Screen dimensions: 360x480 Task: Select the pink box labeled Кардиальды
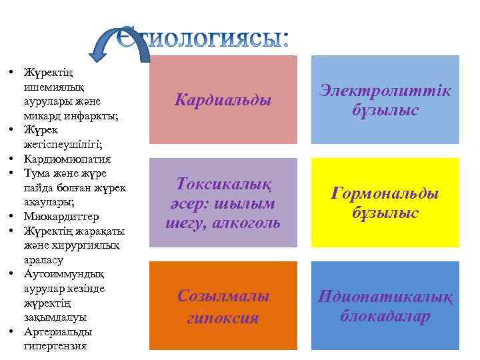(x=223, y=100)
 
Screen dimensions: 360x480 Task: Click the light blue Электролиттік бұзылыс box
(x=385, y=100)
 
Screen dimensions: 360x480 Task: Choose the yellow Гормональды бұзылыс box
(x=385, y=203)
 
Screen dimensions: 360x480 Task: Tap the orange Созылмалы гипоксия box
(x=223, y=306)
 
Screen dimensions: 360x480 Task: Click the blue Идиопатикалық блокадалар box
(x=385, y=306)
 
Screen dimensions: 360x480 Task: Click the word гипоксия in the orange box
(x=223, y=317)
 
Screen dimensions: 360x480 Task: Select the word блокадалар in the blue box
(x=385, y=316)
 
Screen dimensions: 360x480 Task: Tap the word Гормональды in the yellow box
(x=385, y=193)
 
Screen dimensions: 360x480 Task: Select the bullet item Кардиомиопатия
(x=67, y=159)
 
